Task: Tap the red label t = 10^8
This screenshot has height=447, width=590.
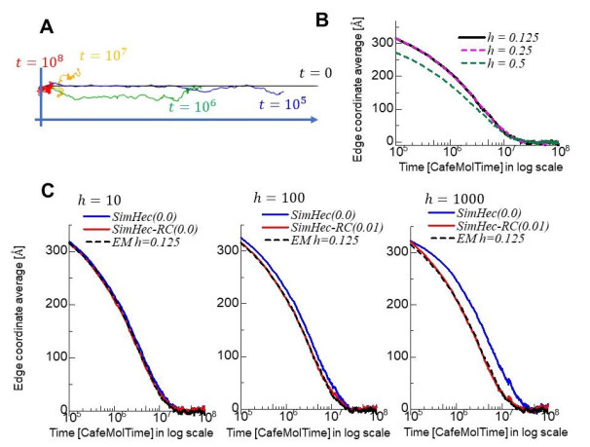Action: click(x=38, y=63)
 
